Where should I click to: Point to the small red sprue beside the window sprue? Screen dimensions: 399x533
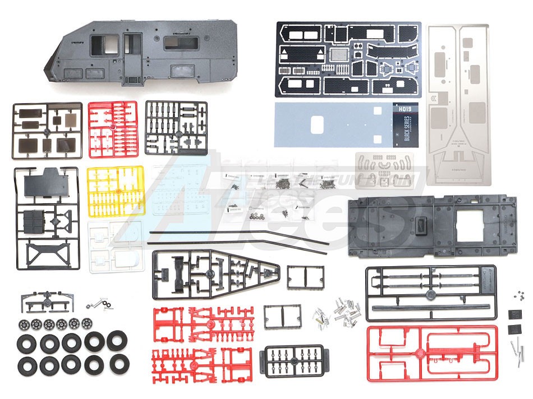click(x=113, y=129)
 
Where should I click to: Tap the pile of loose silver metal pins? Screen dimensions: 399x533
click(x=343, y=311)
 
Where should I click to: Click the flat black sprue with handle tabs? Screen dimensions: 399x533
click(x=294, y=360)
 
